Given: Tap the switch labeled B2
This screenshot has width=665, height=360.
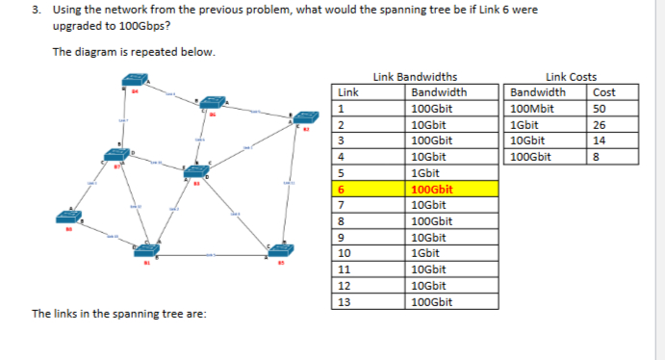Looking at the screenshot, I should pyautogui.click(x=308, y=117).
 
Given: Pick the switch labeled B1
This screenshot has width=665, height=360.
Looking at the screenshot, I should pyautogui.click(x=146, y=248).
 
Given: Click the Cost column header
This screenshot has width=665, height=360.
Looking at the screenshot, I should pyautogui.click(x=603, y=92).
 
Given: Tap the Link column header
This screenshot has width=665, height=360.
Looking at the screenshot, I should pyautogui.click(x=347, y=92).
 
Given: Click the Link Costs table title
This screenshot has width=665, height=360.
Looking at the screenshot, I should pyautogui.click(x=571, y=77).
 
